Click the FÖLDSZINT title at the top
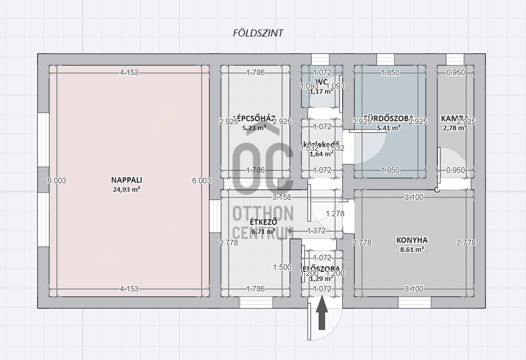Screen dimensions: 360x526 point(258,33)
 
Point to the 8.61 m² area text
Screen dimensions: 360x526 point(412,249)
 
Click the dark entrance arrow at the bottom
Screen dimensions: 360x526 point(322,313)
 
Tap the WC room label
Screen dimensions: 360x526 point(322,82)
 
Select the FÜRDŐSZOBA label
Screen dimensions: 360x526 point(389,119)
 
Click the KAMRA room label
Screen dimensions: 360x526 point(454,119)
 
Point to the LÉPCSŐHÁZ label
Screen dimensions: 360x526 point(255,119)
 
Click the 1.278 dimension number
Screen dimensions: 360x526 point(335,214)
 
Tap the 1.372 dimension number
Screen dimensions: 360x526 point(317,231)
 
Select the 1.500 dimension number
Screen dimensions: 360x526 point(282,267)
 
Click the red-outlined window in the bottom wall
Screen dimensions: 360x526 point(256,302)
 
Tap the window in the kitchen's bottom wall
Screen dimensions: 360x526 point(414,302)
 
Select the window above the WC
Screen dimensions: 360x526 point(320,59)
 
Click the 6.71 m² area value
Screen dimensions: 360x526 point(264,231)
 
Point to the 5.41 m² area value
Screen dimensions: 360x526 point(389,128)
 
